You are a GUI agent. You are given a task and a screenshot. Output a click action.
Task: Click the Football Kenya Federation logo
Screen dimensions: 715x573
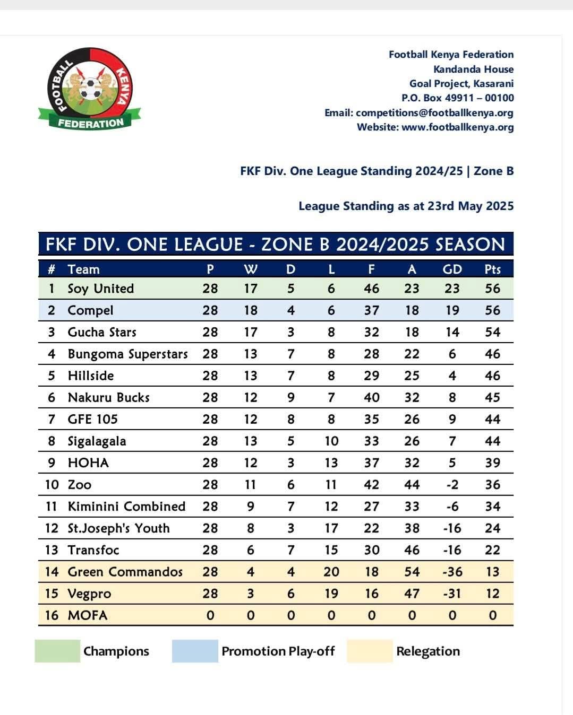tap(90, 89)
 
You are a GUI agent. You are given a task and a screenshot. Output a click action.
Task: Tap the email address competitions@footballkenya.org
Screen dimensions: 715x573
tap(434, 112)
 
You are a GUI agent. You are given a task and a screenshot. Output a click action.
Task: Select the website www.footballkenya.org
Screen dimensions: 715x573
tap(457, 127)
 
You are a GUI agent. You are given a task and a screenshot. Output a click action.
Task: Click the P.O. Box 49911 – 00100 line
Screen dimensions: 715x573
tap(457, 98)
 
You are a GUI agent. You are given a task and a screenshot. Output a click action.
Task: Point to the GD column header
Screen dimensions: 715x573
tap(452, 269)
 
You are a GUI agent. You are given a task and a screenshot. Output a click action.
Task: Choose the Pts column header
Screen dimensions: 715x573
tap(492, 269)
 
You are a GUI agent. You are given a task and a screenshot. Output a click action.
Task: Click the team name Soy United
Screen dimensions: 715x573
tap(100, 289)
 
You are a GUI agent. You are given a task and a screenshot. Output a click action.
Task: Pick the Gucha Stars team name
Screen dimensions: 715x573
tap(102, 332)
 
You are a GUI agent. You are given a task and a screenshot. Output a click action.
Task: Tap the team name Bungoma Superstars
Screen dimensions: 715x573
tap(127, 354)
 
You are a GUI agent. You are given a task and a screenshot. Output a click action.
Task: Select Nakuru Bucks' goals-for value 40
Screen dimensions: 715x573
tap(371, 397)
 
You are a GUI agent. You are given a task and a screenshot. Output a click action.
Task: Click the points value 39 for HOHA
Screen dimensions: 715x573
tap(492, 463)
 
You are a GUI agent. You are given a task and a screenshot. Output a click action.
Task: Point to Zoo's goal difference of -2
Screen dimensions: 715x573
tap(452, 484)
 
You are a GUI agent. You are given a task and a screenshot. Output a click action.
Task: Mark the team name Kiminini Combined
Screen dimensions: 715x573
tap(126, 506)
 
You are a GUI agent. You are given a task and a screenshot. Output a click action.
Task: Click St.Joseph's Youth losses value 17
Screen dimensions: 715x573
tap(331, 528)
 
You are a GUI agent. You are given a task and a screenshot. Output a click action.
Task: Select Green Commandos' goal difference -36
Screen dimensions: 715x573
tap(452, 572)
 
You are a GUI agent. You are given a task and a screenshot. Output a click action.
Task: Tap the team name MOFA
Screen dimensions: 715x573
tap(88, 615)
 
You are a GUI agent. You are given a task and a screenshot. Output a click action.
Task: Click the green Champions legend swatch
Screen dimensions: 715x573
tap(57, 651)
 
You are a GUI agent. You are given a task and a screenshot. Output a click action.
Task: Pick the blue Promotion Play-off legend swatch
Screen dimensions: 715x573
tap(194, 651)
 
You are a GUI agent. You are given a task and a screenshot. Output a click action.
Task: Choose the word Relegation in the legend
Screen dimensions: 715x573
tap(428, 651)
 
